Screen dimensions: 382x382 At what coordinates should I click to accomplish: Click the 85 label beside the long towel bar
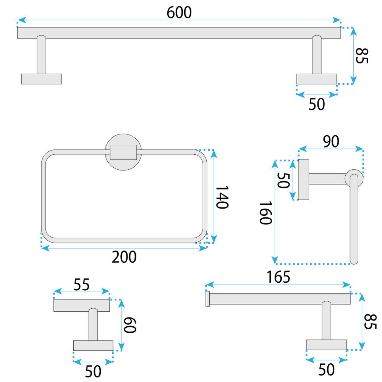point(362,56)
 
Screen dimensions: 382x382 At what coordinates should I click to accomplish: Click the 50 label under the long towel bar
point(317,104)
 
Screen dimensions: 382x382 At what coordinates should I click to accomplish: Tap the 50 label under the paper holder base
point(326,369)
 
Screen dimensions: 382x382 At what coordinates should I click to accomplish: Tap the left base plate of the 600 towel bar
point(41,79)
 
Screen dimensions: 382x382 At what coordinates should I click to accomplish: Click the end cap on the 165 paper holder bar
point(208,299)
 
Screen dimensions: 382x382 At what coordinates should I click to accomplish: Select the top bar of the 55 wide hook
point(81,306)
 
